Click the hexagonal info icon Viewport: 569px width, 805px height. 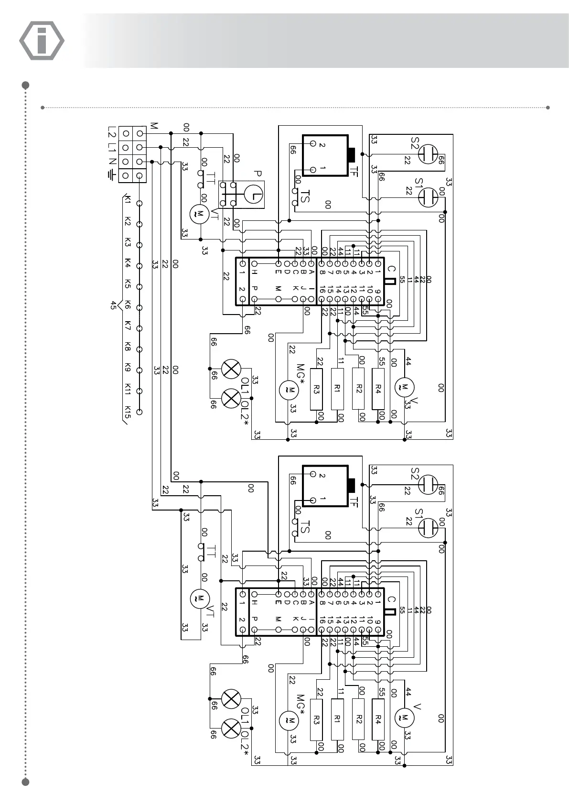pyautogui.click(x=42, y=40)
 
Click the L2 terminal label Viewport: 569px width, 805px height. pyautogui.click(x=112, y=132)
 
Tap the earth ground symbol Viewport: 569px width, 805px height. pyautogui.click(x=112, y=176)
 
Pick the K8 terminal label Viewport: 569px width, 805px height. pyautogui.click(x=128, y=348)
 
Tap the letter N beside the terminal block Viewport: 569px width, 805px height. pyautogui.click(x=111, y=161)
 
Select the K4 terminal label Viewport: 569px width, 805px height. pyautogui.click(x=128, y=264)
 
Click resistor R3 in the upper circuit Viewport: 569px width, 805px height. pyautogui.click(x=316, y=389)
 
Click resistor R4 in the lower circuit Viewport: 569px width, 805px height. pyautogui.click(x=378, y=719)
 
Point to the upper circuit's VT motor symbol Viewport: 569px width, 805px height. pyautogui.click(x=197, y=214)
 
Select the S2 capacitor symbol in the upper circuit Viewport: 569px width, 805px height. pyautogui.click(x=428, y=155)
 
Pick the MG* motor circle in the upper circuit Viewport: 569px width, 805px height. pyautogui.click(x=288, y=389)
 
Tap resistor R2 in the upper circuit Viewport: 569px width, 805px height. pyautogui.click(x=359, y=389)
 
